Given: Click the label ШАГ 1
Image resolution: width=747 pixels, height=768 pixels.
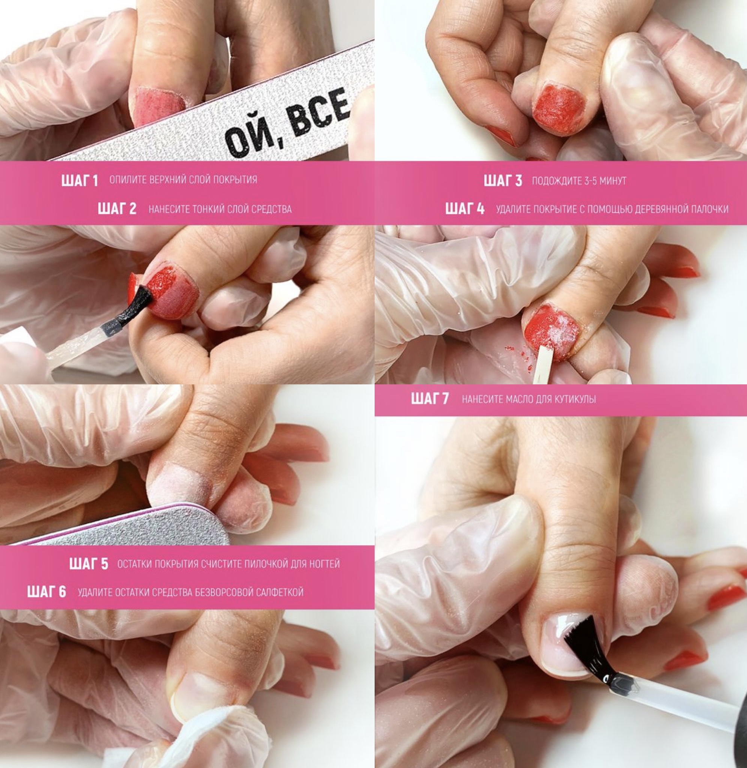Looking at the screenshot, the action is [x=79, y=180].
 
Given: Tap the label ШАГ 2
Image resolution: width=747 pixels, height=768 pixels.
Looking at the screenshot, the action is [x=117, y=209].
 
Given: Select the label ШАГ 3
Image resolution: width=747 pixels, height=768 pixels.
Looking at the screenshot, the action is [x=503, y=181].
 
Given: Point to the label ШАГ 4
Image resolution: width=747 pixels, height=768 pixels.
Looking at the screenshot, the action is [x=465, y=209].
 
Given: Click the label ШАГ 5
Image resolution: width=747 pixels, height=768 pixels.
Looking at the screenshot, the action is [x=88, y=564].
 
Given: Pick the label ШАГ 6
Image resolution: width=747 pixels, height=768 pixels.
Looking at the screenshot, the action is [x=46, y=592].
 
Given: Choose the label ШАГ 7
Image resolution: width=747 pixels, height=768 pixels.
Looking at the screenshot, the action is [x=430, y=399].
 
